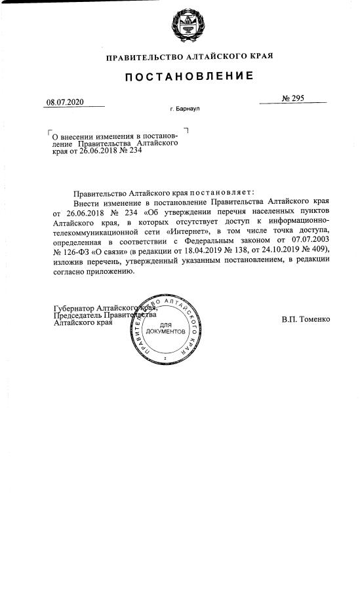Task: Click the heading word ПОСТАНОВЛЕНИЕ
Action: (x=189, y=77)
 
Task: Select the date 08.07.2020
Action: (x=66, y=101)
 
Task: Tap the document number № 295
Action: (x=292, y=98)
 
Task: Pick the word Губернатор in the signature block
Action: (x=74, y=307)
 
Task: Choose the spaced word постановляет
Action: (x=224, y=193)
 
